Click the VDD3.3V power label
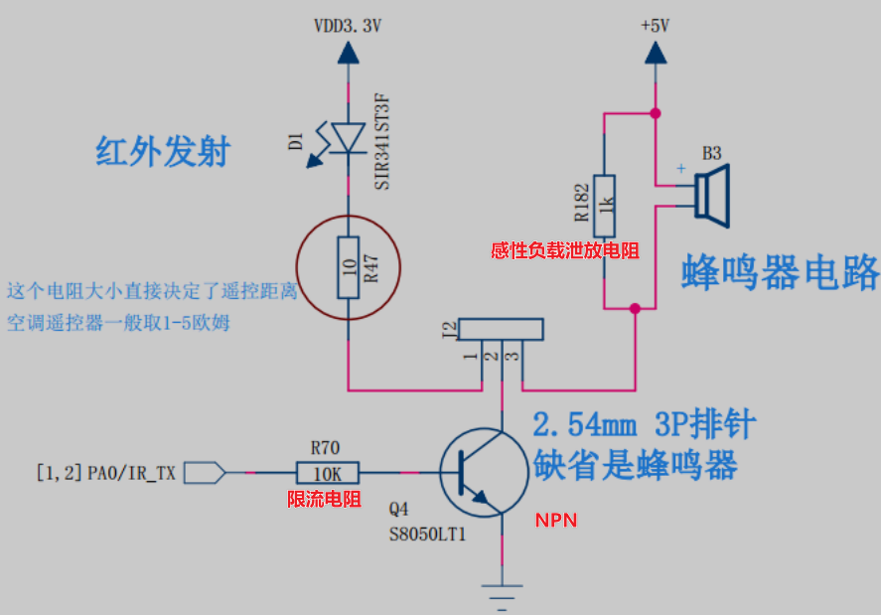pyautogui.click(x=348, y=27)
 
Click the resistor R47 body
pyautogui.click(x=348, y=267)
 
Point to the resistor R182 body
pyautogui.click(x=604, y=205)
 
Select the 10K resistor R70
pyautogui.click(x=328, y=473)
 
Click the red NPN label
pyautogui.click(x=556, y=520)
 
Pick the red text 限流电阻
pyautogui.click(x=324, y=499)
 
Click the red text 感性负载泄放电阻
pyautogui.click(x=564, y=251)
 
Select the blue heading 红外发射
pyautogui.click(x=163, y=152)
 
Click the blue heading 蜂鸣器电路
pyautogui.click(x=780, y=270)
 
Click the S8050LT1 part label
pyautogui.click(x=427, y=534)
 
